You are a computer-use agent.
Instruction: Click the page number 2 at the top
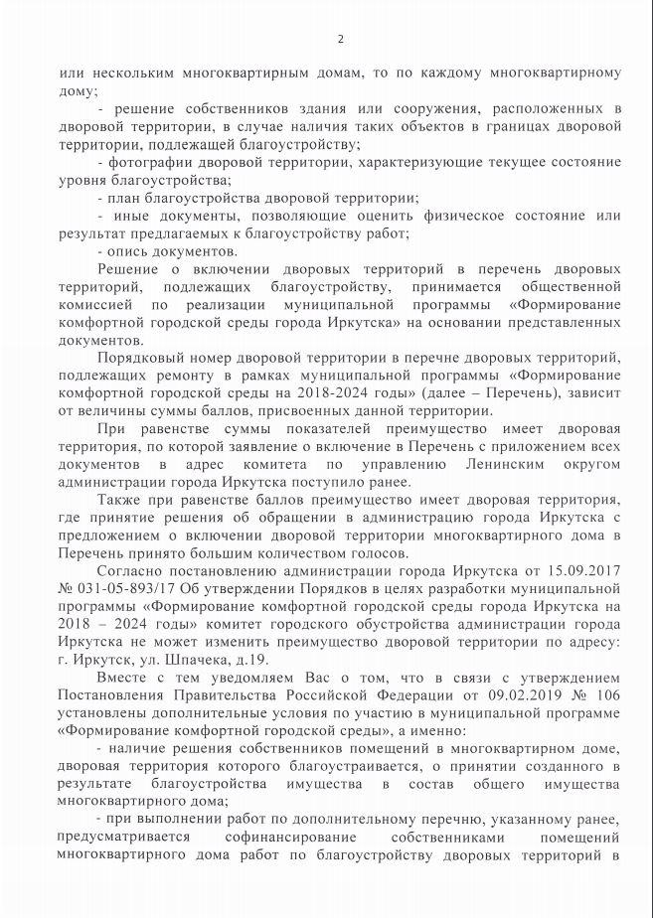click(340, 39)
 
